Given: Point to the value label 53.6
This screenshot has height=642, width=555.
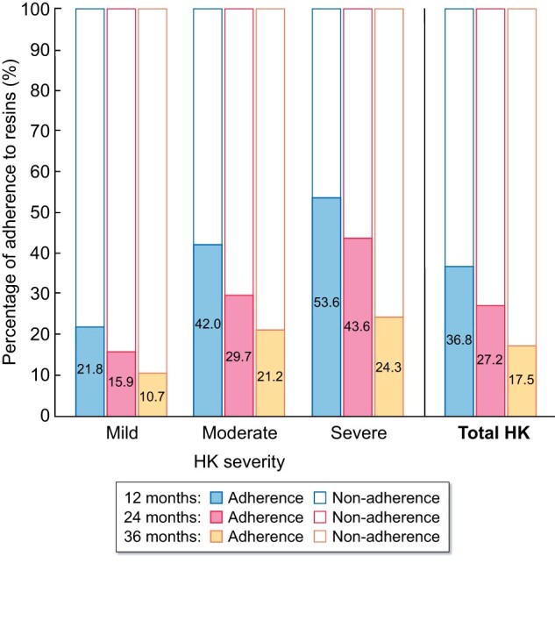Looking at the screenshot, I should point(327,303).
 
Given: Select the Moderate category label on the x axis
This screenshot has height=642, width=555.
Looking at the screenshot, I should point(239,433).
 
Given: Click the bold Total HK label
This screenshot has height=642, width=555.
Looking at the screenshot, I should point(489,433).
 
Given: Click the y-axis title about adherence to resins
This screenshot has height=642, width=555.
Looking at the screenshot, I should point(11,212).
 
